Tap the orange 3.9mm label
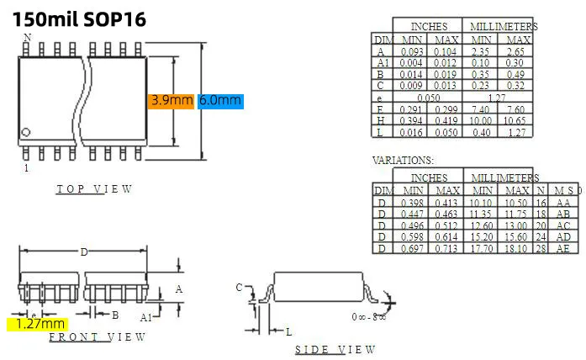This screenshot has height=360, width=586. click(x=172, y=101)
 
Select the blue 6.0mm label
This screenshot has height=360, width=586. click(x=220, y=101)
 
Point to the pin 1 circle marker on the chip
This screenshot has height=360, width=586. click(x=26, y=132)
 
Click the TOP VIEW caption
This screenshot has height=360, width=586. click(x=94, y=189)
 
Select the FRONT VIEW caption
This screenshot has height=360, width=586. click(x=97, y=337)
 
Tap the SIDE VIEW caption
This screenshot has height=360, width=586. click(x=335, y=350)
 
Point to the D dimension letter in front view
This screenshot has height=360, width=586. click(x=83, y=252)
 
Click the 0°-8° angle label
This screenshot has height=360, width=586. click(x=368, y=317)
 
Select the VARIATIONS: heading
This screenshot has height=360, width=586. click(x=403, y=160)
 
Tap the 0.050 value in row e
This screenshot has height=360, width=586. click(x=429, y=98)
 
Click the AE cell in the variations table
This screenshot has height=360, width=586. click(x=562, y=249)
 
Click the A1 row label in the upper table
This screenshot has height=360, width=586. click(x=383, y=63)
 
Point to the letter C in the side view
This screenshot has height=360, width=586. click(x=239, y=289)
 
